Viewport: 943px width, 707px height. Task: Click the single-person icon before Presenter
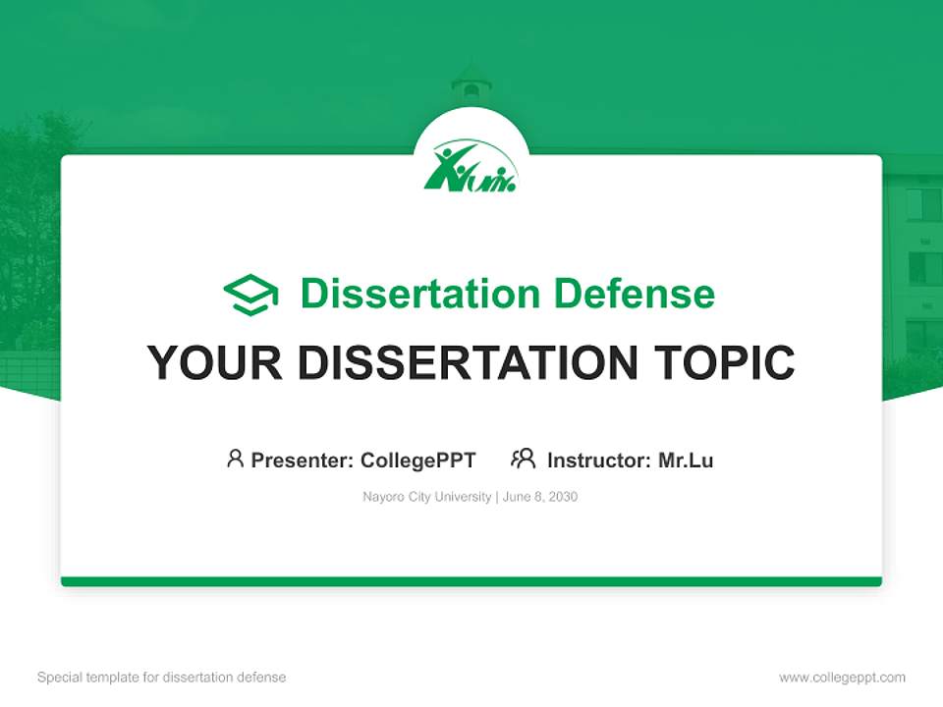tap(235, 459)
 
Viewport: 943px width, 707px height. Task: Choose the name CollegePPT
tap(417, 460)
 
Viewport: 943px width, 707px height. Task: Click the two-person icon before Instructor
tap(523, 459)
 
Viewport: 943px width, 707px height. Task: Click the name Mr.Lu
tap(686, 460)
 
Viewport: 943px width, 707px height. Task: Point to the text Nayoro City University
tap(426, 497)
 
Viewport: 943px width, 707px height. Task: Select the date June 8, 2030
tap(540, 497)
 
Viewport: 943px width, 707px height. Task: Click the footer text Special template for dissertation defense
tap(162, 678)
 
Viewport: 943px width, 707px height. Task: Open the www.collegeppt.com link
tap(842, 678)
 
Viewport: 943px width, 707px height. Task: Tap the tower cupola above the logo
tap(471, 83)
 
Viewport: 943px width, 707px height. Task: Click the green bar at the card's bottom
tap(471, 581)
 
